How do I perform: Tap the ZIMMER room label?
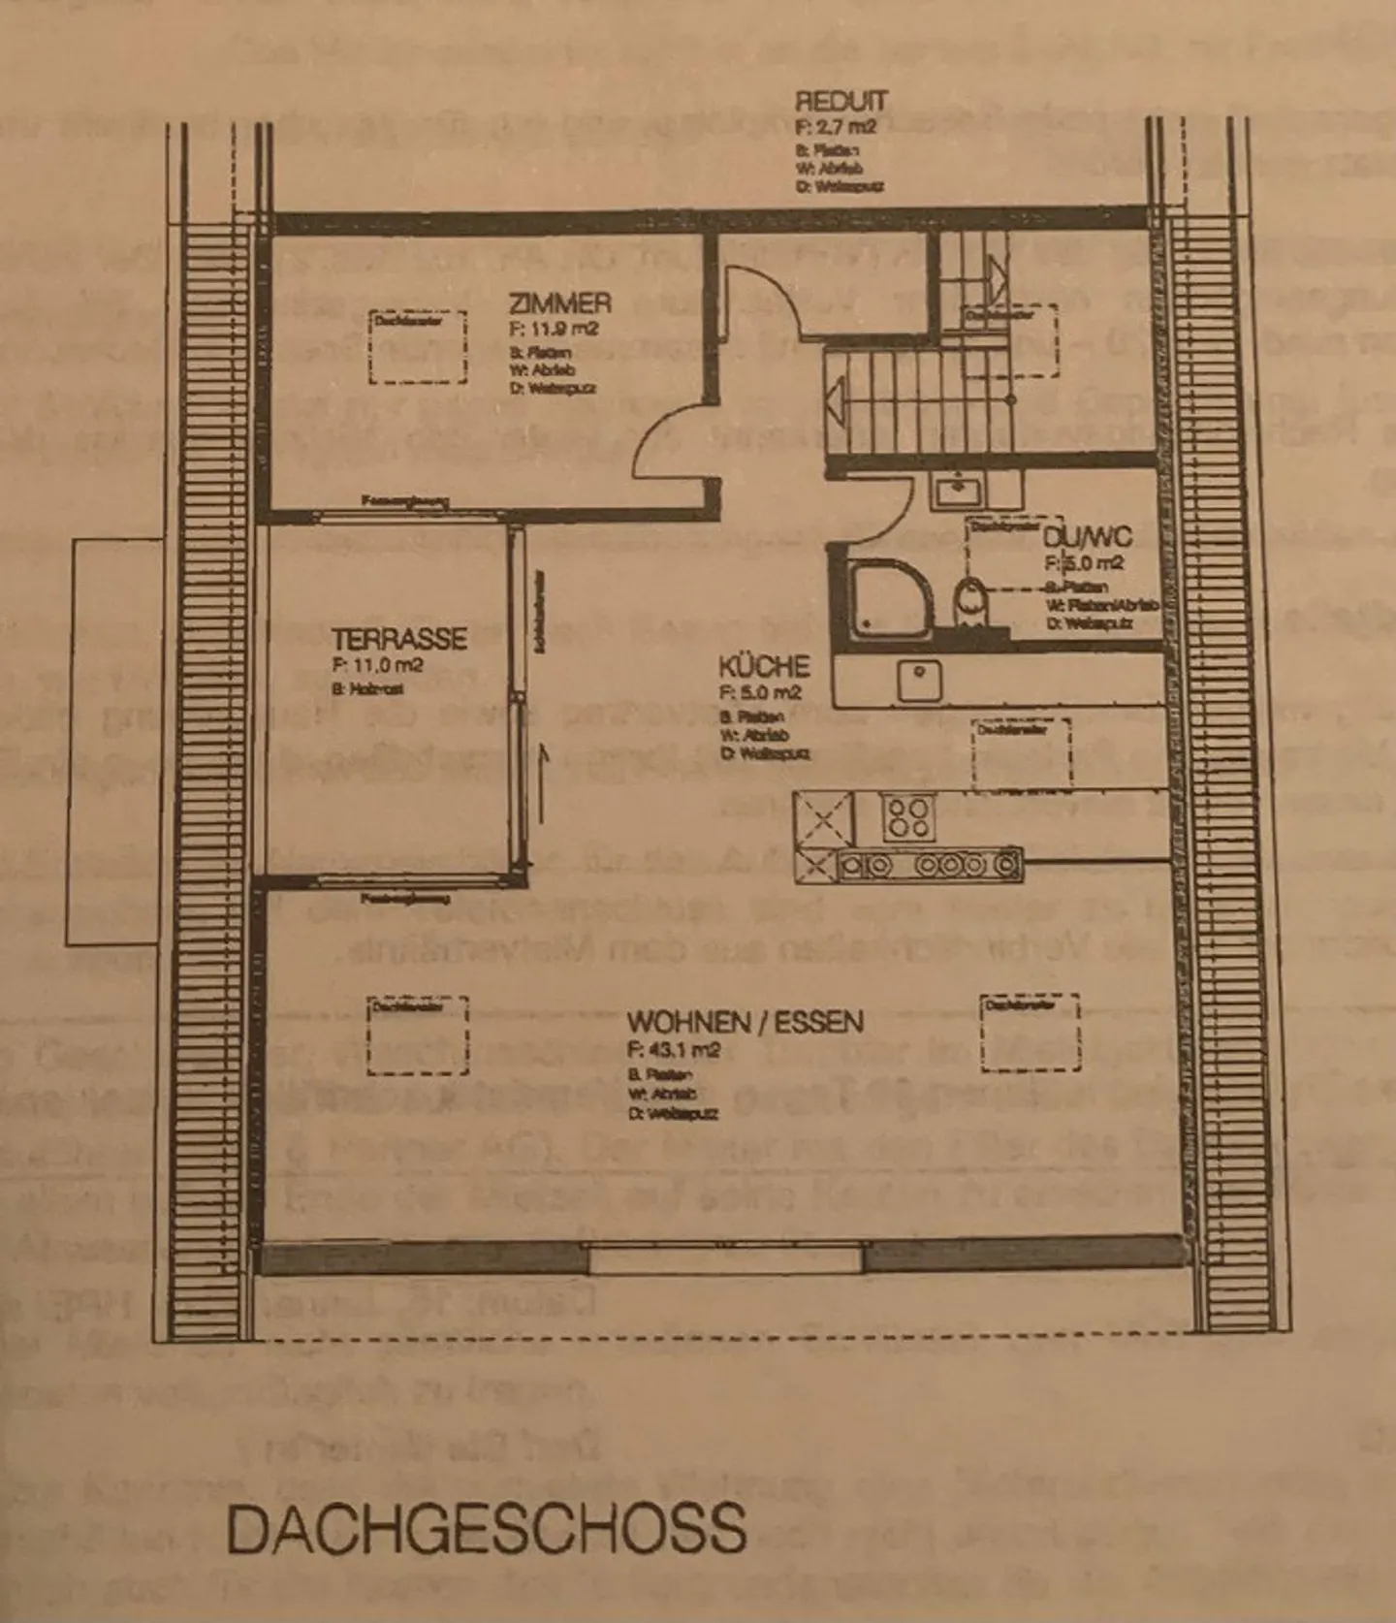559,302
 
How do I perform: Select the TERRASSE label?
398,639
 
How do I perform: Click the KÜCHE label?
763,667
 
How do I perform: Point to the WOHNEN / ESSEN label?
745,1022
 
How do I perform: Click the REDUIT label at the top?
841,102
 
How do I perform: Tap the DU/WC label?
1087,538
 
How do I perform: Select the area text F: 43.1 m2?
674,1050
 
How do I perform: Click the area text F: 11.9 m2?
554,329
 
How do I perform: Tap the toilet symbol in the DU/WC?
968,603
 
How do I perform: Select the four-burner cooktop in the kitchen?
908,816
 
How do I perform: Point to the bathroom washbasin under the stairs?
958,490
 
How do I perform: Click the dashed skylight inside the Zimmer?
418,346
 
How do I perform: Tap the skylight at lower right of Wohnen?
1030,1032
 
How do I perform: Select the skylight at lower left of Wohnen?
418,1035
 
